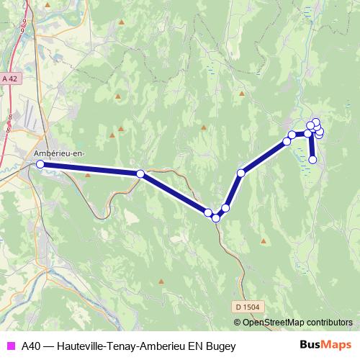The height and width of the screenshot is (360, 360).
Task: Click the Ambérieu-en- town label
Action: (59, 153)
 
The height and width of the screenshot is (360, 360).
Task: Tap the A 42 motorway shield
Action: (9, 78)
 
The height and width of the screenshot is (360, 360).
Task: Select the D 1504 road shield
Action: (246, 307)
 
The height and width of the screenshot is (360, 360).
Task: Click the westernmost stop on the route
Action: (40, 165)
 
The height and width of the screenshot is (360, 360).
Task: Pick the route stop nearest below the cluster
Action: (312, 159)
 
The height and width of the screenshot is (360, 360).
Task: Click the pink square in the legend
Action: (10, 346)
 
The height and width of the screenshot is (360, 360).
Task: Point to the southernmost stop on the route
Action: (215, 218)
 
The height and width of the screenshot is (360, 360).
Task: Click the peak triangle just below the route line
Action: (89, 174)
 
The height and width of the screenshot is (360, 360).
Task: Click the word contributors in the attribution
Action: (327, 322)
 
